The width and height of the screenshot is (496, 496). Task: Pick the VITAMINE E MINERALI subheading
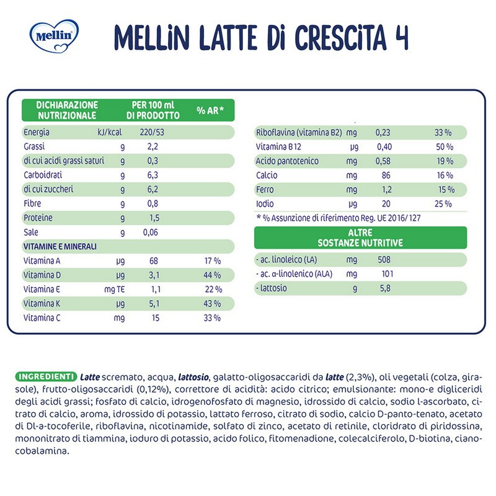[x=60, y=247]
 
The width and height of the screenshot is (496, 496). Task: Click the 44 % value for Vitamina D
[x=212, y=275]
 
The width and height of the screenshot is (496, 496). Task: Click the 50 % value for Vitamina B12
[x=444, y=147]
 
